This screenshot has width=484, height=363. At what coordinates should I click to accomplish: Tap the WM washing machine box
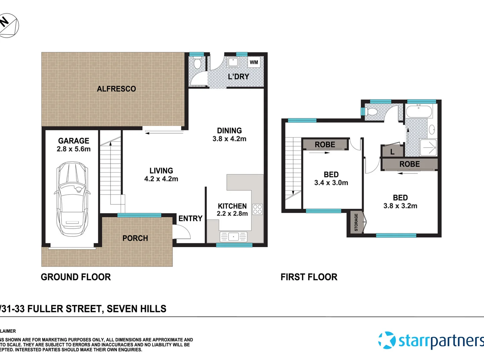point(254,62)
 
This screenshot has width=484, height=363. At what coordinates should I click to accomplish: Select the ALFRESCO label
point(116,89)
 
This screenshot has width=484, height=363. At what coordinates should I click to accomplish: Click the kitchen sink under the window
point(233,237)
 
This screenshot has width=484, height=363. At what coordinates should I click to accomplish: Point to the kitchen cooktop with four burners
point(257,209)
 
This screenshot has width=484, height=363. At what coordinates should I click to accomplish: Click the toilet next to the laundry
point(197,63)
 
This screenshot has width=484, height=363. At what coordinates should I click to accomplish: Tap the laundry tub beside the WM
point(233,63)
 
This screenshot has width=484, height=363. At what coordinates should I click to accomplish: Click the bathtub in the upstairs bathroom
point(419,111)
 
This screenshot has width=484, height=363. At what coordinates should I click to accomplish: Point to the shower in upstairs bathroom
point(428,148)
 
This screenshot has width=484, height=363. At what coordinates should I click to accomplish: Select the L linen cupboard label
point(392,152)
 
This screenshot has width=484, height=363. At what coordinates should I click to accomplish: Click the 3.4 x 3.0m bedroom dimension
point(331,183)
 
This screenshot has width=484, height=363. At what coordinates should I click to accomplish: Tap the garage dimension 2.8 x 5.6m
point(74,149)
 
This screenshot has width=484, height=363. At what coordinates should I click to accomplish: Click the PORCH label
point(135,238)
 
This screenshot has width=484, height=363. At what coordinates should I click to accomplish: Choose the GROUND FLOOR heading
point(76,277)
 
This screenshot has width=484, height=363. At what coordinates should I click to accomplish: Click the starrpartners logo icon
point(387,340)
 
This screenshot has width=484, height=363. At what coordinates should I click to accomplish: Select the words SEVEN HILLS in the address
point(136,309)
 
